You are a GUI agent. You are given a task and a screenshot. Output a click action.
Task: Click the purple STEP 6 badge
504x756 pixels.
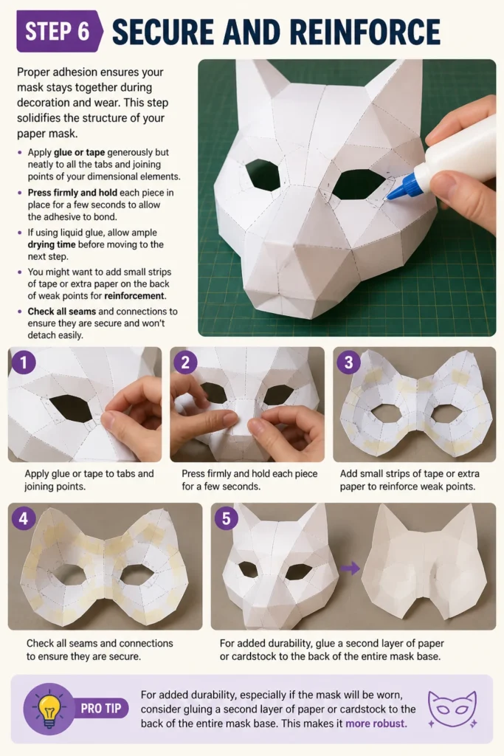(x=59, y=31)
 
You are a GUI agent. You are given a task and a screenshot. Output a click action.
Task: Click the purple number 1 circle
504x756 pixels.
(x=23, y=362)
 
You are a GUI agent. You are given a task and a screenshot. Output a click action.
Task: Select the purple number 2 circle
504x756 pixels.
(x=185, y=362)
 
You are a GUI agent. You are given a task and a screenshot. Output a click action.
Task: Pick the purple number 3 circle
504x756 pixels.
(x=348, y=362)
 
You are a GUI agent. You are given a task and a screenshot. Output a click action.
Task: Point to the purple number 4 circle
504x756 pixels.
(x=23, y=518)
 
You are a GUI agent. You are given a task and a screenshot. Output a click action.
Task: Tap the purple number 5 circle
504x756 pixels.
(x=226, y=518)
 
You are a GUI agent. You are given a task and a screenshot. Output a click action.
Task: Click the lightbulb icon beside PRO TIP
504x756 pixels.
(x=48, y=709)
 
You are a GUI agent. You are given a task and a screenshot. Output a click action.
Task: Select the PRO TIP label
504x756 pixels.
(x=100, y=708)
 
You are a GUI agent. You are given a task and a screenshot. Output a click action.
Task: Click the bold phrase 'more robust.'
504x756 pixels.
(x=376, y=724)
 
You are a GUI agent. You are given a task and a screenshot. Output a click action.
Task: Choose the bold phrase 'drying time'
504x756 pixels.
(x=52, y=244)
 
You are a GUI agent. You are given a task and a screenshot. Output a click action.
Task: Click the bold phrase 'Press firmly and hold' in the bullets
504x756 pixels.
(x=72, y=193)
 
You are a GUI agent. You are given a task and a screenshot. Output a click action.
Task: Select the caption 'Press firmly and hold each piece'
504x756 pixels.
(x=249, y=474)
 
